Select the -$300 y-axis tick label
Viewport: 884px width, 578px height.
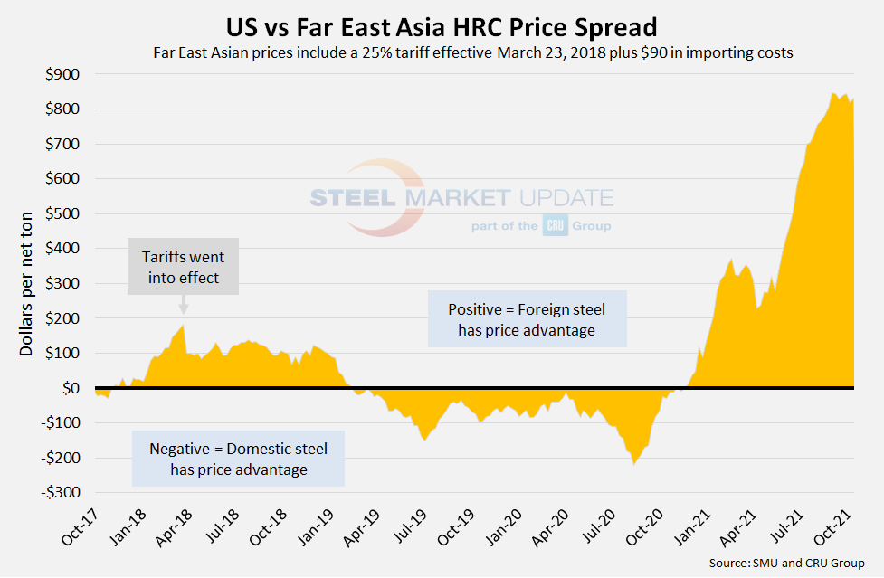click(58, 493)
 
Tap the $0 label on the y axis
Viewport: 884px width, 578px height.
click(69, 388)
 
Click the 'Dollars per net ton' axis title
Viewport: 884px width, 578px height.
click(26, 283)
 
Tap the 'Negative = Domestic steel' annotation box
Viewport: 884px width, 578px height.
click(239, 459)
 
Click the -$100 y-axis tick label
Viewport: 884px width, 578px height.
click(58, 423)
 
